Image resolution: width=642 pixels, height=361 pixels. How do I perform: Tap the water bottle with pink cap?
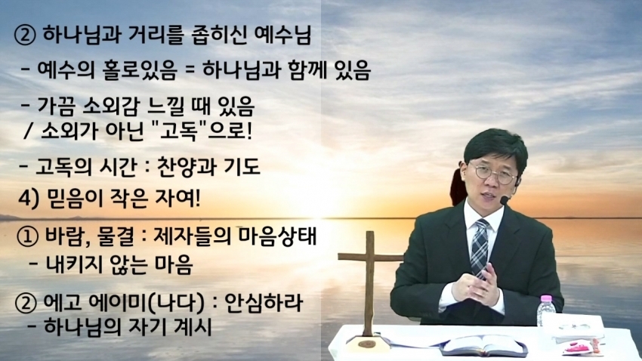tap(545, 310)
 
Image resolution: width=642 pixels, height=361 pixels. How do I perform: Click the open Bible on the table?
tap(483, 344)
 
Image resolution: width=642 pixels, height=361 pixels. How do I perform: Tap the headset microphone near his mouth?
tap(505, 200)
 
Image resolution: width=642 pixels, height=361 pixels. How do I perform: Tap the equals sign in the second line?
tap(190, 70)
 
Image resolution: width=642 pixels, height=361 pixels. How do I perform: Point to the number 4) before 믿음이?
tap(28, 199)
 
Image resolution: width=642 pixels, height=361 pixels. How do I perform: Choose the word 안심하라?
tap(264, 303)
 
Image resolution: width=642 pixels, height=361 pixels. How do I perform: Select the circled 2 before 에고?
tap(26, 304)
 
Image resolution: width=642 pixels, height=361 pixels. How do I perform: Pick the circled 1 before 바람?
tap(27, 236)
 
